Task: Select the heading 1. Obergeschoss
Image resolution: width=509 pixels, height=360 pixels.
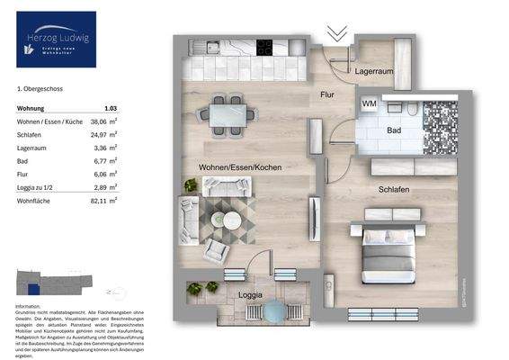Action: point(40,89)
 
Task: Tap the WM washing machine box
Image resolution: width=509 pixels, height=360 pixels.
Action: point(369,104)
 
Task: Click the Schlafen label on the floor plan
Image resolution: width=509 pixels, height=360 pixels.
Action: point(393,190)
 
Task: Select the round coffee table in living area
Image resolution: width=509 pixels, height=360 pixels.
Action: point(231,220)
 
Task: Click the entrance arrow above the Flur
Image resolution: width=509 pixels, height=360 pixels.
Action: point(337,35)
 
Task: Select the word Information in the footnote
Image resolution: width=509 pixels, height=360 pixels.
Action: point(29,307)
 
